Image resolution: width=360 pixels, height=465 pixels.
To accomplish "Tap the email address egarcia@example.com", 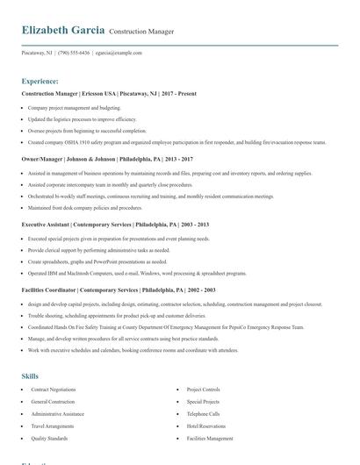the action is tap(119, 53).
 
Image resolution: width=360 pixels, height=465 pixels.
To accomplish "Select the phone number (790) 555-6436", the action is tap(74, 53).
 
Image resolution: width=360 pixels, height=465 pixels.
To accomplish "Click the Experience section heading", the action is tap(40, 79).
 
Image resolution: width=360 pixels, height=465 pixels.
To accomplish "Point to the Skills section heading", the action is tap(30, 376).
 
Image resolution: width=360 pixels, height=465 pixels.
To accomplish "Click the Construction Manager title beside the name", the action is tap(141, 32).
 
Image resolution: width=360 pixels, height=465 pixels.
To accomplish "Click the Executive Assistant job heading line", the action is tap(115, 224).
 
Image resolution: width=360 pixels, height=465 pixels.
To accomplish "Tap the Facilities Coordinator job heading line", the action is tap(119, 290).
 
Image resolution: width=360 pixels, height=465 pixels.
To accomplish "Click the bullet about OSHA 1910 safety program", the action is tap(176, 141).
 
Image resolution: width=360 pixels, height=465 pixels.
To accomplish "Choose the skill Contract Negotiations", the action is tap(53, 389).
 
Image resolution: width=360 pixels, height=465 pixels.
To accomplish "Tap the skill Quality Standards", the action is tap(49, 438).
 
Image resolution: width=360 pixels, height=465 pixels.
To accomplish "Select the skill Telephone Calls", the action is tap(203, 413).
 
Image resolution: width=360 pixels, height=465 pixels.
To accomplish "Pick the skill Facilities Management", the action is tap(210, 438).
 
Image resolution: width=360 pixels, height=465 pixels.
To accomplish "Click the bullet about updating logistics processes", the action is tap(82, 118).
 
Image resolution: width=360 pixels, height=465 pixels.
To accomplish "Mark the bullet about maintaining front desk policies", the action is tap(84, 208).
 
